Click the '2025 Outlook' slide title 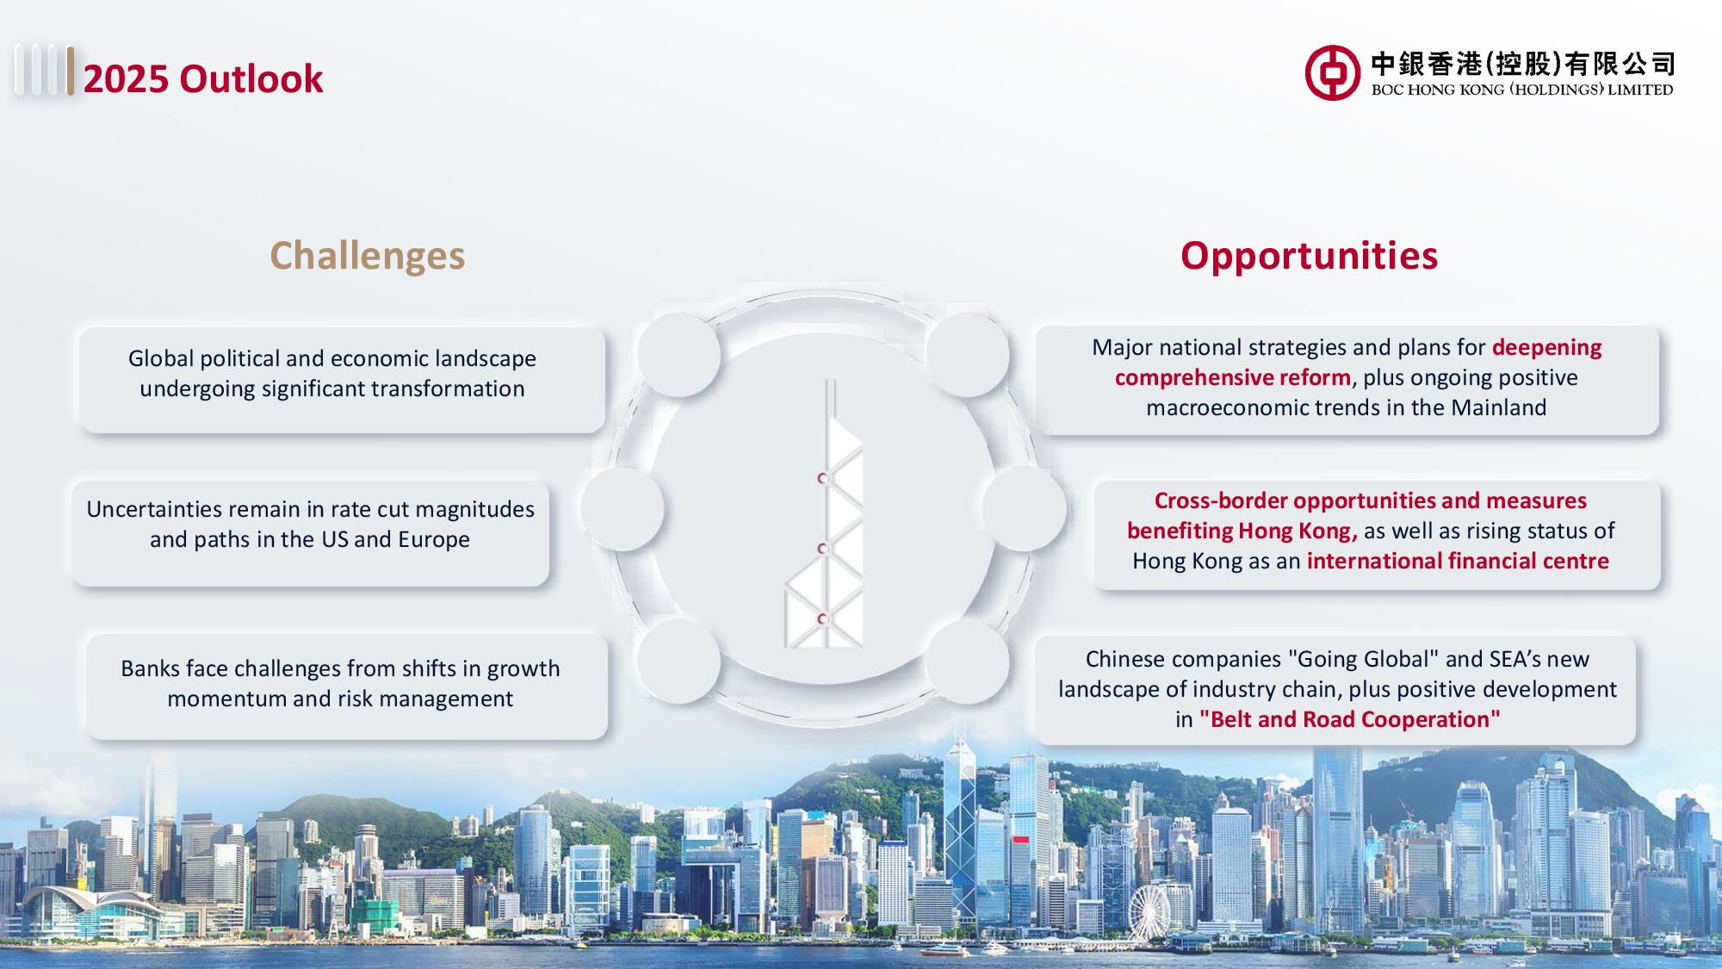(203, 78)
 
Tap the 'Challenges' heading (368, 256)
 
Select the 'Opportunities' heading (1309, 255)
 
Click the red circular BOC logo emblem (1331, 72)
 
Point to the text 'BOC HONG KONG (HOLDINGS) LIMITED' (1522, 90)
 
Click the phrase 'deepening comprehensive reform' (1359, 363)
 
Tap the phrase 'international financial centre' (1458, 561)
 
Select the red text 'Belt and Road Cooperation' (1349, 719)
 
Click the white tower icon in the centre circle (824, 514)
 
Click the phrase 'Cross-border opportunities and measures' (1371, 500)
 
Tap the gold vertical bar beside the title (70, 71)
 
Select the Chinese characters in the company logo (1522, 64)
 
